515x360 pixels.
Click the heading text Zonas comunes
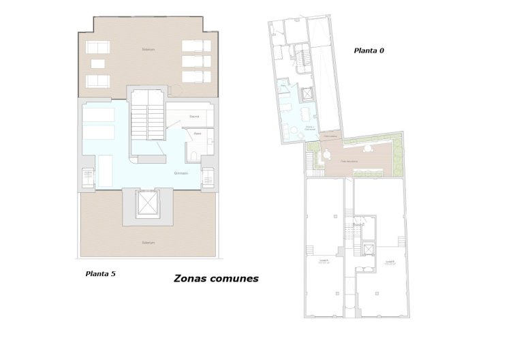click(x=216, y=278)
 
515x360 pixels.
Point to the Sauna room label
click(x=194, y=117)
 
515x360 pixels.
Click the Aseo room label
click(x=196, y=134)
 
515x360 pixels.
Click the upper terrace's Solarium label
click(x=149, y=50)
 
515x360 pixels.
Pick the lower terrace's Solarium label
click(x=149, y=243)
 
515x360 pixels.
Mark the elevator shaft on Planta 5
click(x=147, y=203)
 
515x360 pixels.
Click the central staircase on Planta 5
click(x=148, y=119)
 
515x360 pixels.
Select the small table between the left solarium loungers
click(x=98, y=64)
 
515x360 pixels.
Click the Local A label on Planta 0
click(x=324, y=261)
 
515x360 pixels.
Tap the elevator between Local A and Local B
click(x=369, y=249)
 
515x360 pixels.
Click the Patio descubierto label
click(x=350, y=161)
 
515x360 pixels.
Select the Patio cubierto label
click(x=331, y=136)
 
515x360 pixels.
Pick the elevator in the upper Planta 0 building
click(x=308, y=94)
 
